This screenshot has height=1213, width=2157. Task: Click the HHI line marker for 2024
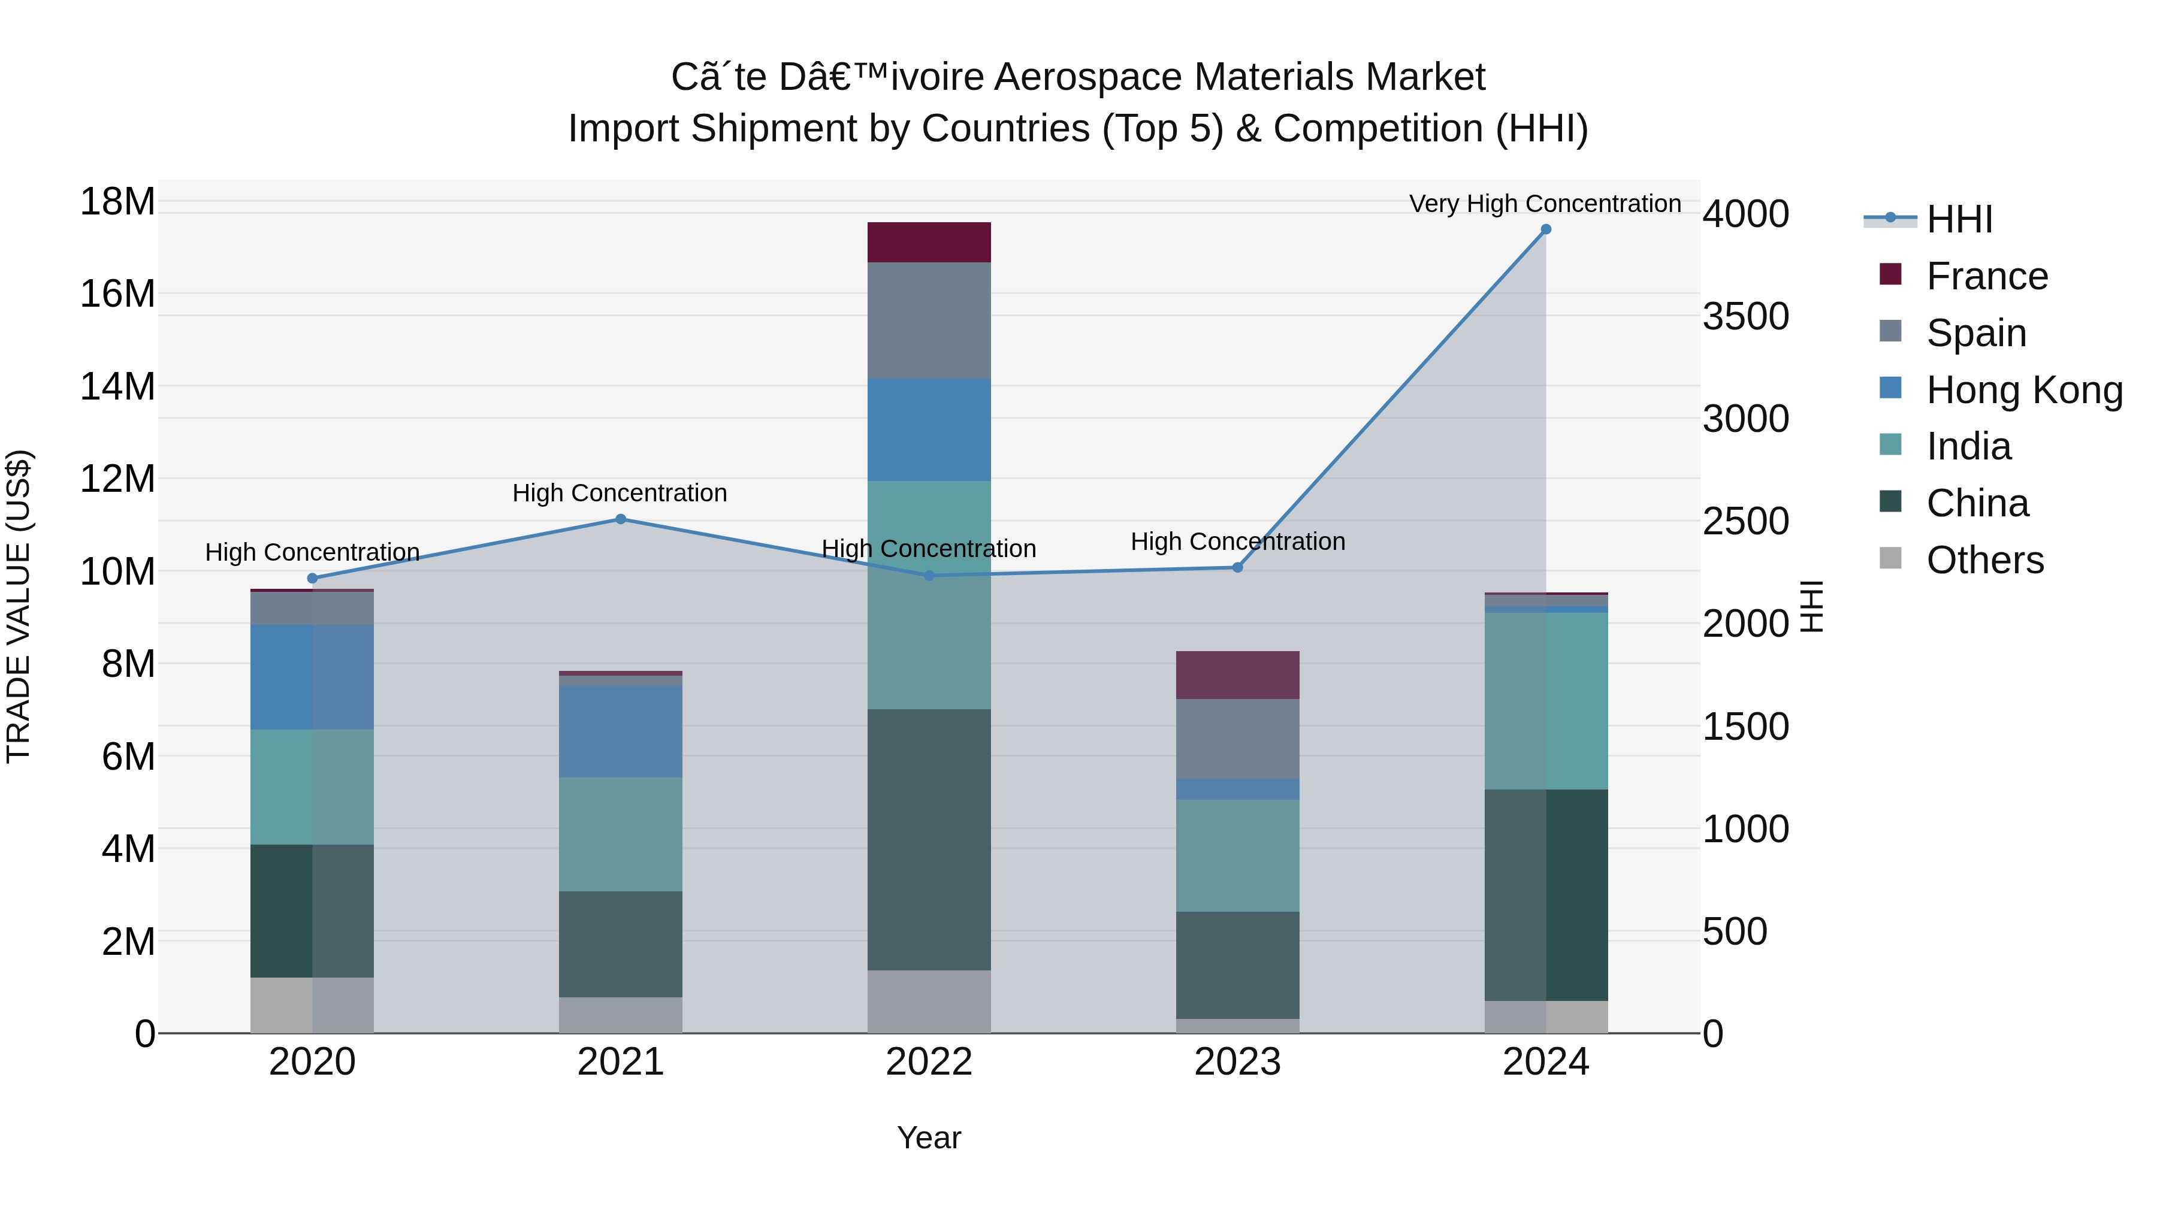(x=1546, y=229)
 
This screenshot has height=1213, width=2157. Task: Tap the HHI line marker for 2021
(x=621, y=519)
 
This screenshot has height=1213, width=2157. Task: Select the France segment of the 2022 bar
(x=929, y=242)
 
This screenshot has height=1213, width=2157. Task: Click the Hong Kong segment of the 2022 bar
(x=929, y=429)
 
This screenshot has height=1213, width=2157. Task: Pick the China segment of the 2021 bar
(x=621, y=943)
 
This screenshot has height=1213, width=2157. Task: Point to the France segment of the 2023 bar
(x=1238, y=674)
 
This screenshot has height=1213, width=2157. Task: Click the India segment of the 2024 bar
(x=1546, y=701)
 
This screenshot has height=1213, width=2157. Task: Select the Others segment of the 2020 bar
(x=312, y=1005)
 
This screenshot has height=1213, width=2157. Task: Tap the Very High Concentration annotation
(x=1545, y=204)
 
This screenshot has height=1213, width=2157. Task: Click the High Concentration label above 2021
(x=620, y=493)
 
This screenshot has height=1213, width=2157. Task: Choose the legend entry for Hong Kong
(x=2024, y=390)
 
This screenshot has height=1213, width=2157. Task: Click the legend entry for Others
(x=1984, y=560)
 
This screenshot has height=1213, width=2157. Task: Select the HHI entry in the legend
(x=1959, y=219)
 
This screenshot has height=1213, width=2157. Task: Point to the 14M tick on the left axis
(x=117, y=387)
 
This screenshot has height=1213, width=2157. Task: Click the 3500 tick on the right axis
(x=1746, y=316)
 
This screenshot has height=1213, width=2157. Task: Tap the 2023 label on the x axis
(x=1238, y=1062)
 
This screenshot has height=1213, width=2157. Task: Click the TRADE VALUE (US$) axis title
(x=19, y=606)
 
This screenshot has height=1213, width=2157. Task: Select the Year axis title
(x=929, y=1138)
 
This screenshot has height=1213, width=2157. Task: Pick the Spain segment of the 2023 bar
(x=1238, y=739)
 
